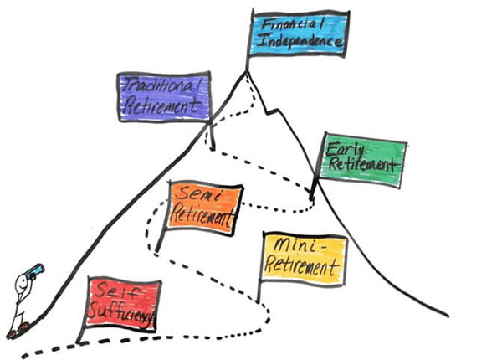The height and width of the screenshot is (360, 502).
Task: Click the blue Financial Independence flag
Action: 299,33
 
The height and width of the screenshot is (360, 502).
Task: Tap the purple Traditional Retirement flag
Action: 164,97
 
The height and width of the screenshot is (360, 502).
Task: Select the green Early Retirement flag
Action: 361,160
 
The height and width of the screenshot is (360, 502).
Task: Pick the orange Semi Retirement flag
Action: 204,208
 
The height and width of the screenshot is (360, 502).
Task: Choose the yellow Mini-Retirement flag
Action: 305,259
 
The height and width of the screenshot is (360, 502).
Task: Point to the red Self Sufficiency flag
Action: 122,304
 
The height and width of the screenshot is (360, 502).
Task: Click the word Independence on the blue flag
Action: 300,42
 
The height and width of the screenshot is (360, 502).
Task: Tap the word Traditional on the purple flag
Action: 162,86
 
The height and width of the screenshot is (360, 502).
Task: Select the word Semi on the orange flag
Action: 198,193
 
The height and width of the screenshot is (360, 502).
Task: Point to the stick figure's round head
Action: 23,282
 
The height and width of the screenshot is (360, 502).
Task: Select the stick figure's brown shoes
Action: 18,331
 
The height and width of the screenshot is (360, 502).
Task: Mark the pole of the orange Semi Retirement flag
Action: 161,224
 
